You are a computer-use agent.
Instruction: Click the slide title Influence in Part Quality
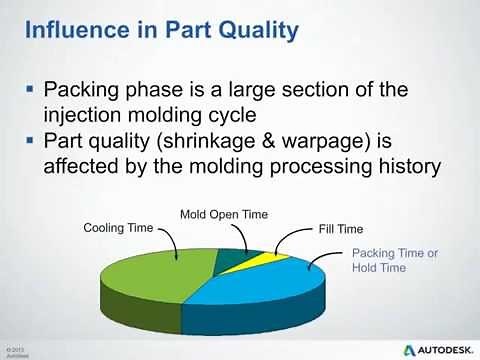point(160,29)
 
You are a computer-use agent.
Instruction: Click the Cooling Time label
point(117,228)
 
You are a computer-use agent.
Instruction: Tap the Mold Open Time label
point(224,214)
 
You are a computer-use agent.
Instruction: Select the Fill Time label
point(340,229)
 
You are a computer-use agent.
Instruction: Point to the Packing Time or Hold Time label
point(394,261)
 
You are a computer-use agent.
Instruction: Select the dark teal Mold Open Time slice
point(233,260)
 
